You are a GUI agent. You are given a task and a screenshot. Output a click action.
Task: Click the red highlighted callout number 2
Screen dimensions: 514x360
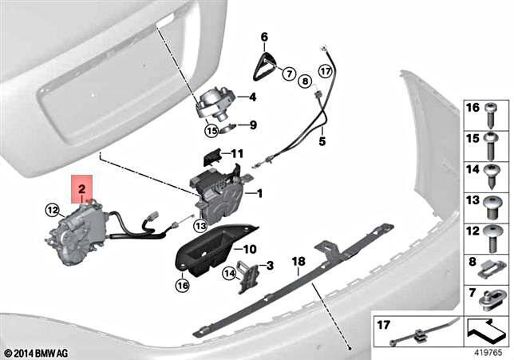pyautogui.click(x=81, y=188)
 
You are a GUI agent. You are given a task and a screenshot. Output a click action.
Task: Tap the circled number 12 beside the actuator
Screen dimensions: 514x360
pyautogui.click(x=53, y=210)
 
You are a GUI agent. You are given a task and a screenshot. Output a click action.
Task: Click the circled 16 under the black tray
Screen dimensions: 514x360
pyautogui.click(x=183, y=285)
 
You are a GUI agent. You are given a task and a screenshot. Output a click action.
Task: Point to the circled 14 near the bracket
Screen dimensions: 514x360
pyautogui.click(x=230, y=274)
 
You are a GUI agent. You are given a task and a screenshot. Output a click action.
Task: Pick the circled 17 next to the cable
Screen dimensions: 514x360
pyautogui.click(x=325, y=71)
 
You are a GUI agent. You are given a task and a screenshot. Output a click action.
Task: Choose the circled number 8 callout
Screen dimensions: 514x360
pyautogui.click(x=305, y=81)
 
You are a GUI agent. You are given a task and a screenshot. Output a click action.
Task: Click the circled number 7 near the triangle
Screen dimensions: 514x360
pyautogui.click(x=290, y=73)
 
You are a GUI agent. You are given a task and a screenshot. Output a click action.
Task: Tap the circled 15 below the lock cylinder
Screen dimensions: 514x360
pyautogui.click(x=212, y=131)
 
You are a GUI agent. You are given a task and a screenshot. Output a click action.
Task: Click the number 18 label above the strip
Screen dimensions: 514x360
pyautogui.click(x=299, y=261)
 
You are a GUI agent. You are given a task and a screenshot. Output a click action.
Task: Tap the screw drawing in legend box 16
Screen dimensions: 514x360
pyautogui.click(x=491, y=116)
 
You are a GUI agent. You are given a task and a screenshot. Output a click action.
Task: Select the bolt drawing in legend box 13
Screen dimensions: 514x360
pyautogui.click(x=491, y=208)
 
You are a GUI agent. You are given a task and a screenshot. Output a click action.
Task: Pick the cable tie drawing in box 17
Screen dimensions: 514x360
pyautogui.click(x=425, y=330)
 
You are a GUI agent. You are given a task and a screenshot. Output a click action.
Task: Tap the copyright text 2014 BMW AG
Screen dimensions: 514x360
pyautogui.click(x=37, y=354)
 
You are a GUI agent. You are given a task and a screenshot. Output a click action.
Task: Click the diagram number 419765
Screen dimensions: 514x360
pyautogui.click(x=488, y=353)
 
